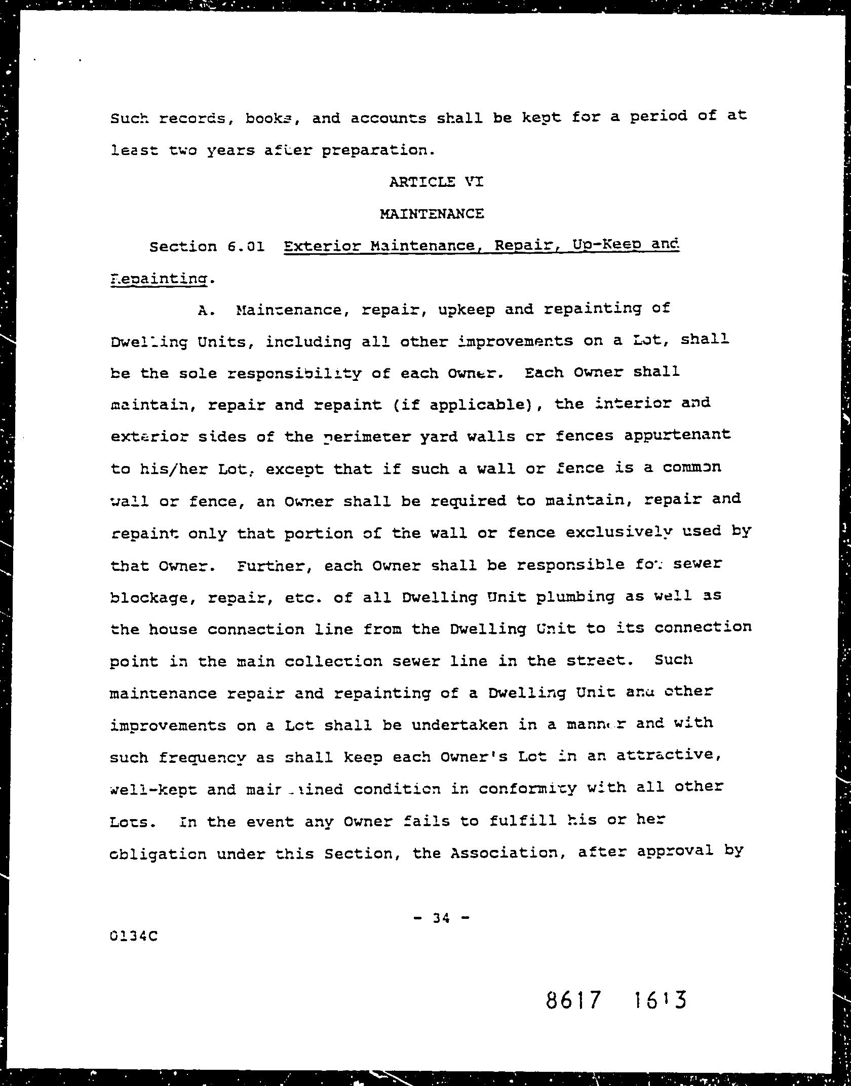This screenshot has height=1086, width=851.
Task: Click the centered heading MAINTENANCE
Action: click(x=432, y=214)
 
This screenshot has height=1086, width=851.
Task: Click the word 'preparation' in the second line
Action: click(x=377, y=150)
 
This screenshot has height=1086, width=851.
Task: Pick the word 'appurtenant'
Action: click(x=677, y=436)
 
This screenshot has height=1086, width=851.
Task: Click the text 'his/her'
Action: click(x=172, y=469)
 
